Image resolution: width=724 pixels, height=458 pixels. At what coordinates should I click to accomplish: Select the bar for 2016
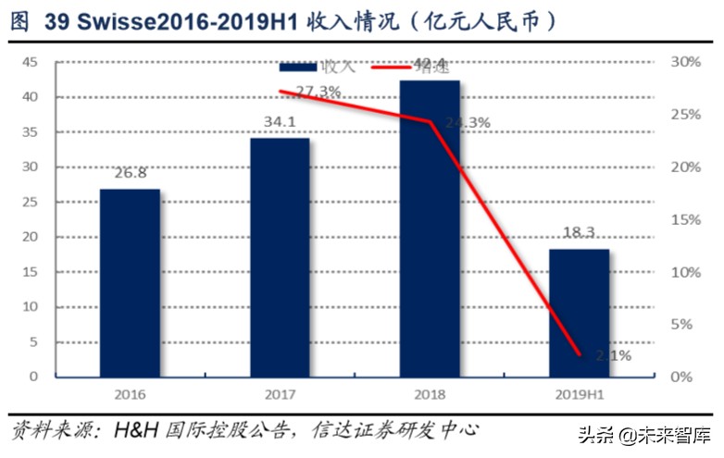coord(130,282)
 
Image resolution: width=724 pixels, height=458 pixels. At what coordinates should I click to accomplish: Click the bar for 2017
coord(280,257)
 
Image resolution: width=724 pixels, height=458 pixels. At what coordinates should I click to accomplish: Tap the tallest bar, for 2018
coord(430,228)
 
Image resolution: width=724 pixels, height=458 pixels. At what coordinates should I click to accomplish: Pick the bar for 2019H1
coord(580,313)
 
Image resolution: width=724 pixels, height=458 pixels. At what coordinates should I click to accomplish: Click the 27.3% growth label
coord(318,92)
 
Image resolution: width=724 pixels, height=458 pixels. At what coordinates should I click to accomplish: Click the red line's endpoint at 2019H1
coord(580,354)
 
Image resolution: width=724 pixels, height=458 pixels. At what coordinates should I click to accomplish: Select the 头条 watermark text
coord(596,434)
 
